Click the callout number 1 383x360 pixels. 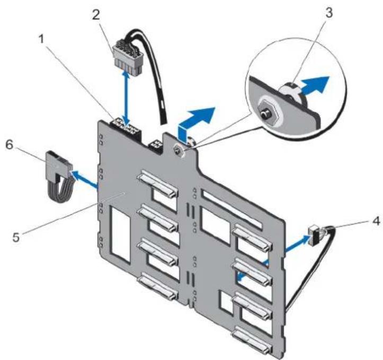tap(42, 39)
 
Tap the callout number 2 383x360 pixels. tap(96, 15)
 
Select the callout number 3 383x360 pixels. tap(329, 13)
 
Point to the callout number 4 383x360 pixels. tap(376, 221)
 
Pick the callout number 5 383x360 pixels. tap(16, 237)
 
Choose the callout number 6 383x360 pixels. tap(10, 145)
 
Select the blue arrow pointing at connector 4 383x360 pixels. tap(297, 243)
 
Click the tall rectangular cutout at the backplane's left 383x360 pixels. tap(120, 234)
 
